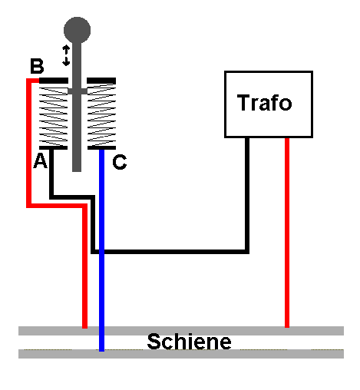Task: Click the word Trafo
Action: coord(264,103)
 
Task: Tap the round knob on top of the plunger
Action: coord(77,30)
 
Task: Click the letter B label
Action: coord(37,66)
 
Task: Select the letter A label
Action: coord(40,160)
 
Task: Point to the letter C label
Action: coord(120,162)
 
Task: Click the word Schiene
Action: coord(189,342)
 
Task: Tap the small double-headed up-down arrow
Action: coord(66,55)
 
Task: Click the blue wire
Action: coord(101,250)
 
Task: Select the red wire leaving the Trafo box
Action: coord(287,233)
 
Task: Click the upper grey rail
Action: coord(181,331)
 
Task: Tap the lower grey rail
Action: coord(181,354)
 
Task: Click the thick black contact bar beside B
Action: coord(54,81)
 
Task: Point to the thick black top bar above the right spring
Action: coord(101,81)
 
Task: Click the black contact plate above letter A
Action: coord(53,147)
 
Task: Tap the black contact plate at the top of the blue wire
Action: coord(101,147)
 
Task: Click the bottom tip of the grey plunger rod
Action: coord(77,171)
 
